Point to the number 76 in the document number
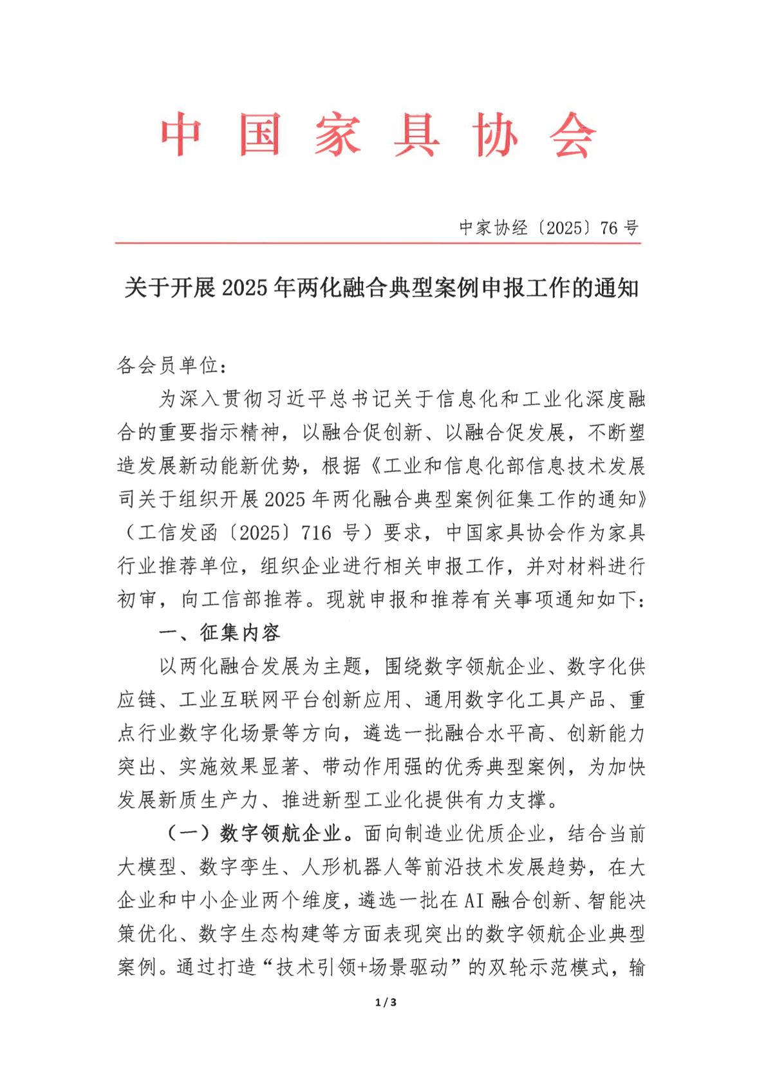(x=609, y=228)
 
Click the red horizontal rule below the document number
(x=378, y=243)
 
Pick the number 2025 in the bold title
(x=244, y=288)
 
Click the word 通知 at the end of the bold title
(x=616, y=288)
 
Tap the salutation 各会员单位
(x=169, y=366)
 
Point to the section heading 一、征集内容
(x=220, y=633)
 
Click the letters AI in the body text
(x=473, y=900)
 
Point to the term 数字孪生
(x=239, y=867)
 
